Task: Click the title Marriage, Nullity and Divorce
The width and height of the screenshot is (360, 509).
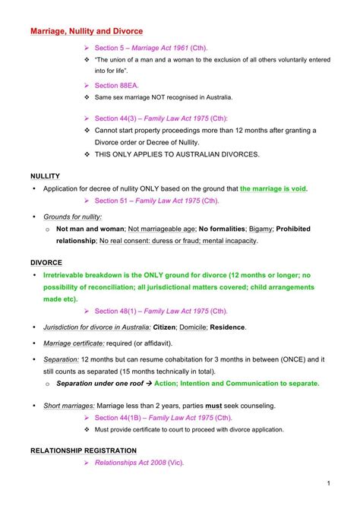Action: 86,31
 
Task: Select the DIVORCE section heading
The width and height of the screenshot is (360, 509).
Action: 47,261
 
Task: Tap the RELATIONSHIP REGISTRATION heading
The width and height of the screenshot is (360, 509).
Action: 84,451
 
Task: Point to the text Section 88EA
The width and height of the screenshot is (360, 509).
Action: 117,85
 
